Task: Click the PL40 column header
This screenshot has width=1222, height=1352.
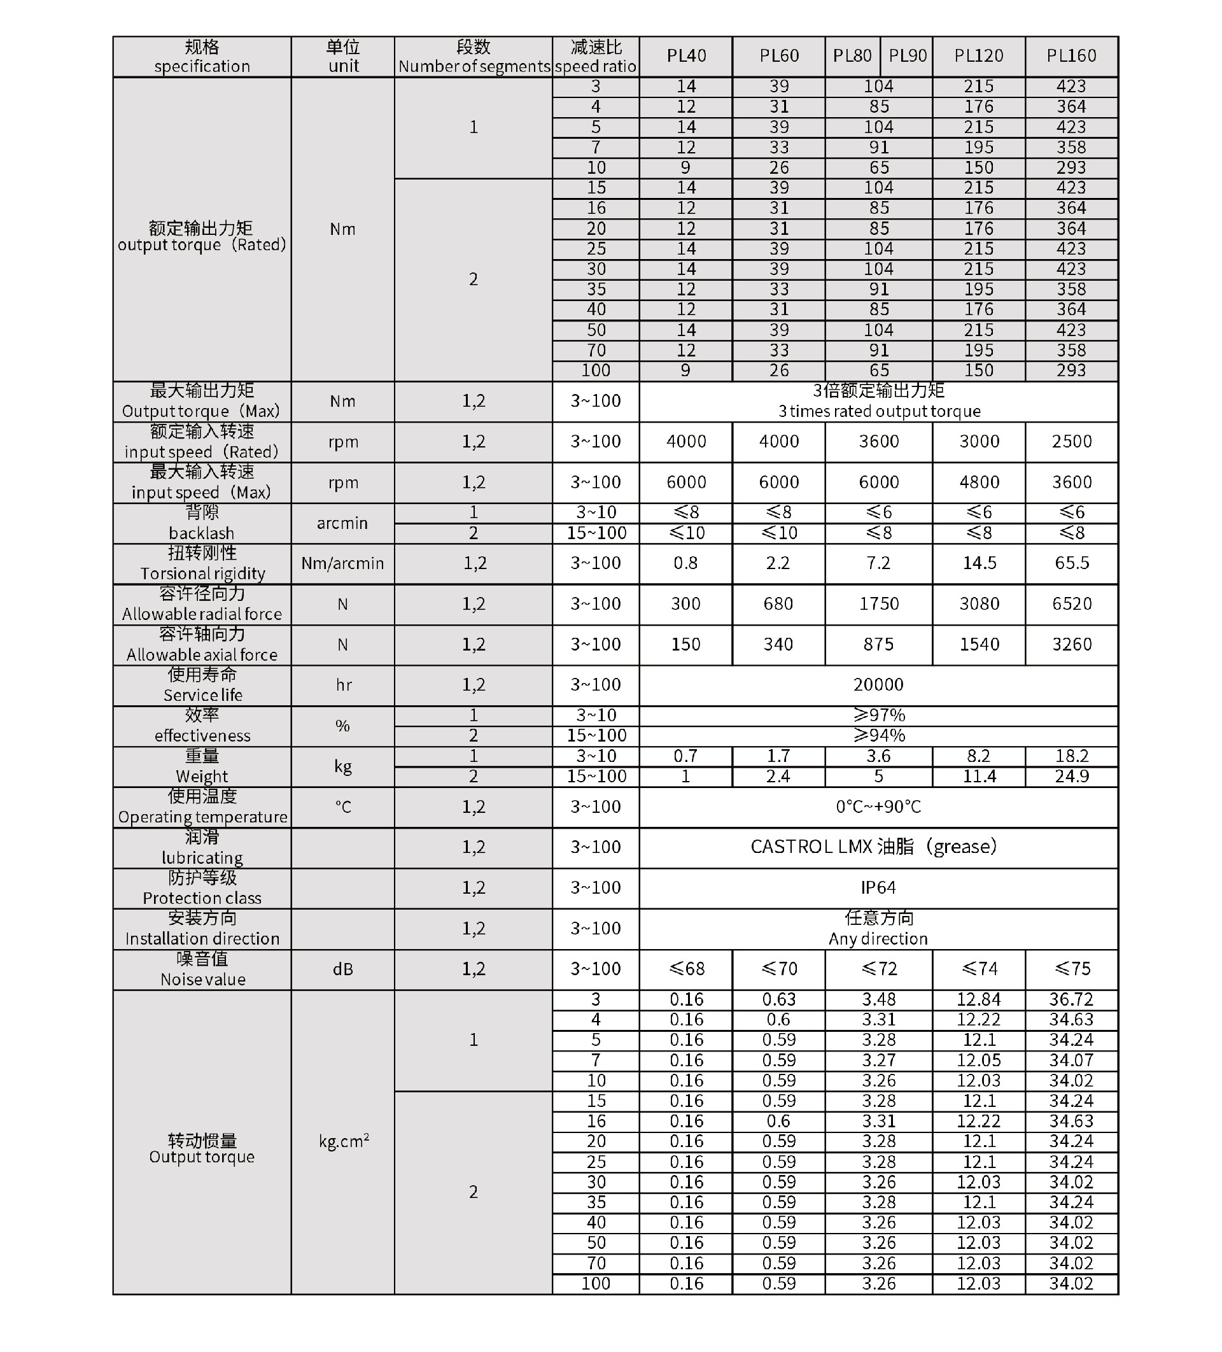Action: [x=685, y=55]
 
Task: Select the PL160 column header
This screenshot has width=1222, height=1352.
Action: [x=1071, y=55]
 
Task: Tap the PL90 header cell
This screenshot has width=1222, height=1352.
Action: [x=908, y=55]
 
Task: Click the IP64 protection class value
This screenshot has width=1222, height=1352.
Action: [x=878, y=888]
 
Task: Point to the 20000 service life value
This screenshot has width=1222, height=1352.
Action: [x=878, y=685]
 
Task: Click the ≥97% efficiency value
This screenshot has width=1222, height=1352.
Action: [x=878, y=715]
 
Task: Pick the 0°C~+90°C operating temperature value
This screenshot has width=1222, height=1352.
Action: [x=878, y=806]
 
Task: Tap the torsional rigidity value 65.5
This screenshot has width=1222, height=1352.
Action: [x=1071, y=563]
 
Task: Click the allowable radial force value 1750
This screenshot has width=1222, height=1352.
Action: [x=878, y=603]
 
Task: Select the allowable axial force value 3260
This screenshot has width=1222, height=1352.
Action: [x=1071, y=644]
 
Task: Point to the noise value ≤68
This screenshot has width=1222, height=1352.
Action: [x=686, y=969]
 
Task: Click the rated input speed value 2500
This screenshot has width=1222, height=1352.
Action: [x=1071, y=441]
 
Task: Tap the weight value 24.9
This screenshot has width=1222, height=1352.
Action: [x=1071, y=777]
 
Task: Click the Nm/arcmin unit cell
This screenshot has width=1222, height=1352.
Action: [x=342, y=563]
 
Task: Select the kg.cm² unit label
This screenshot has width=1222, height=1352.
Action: [x=344, y=1141]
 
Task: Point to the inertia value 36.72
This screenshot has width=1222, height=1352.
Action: [x=1071, y=999]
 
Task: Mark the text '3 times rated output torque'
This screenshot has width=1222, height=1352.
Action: [x=878, y=411]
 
